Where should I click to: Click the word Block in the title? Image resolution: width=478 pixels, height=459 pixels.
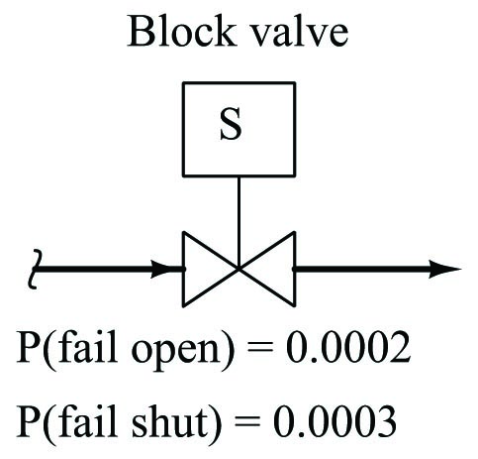pos(182,31)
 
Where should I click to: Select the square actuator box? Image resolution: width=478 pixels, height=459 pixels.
pos(239,129)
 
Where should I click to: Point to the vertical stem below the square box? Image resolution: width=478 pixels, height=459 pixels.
pos(239,222)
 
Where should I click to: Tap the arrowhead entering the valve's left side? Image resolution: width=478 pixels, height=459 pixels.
pos(165,269)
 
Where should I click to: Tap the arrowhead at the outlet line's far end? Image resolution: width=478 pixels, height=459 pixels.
pos(444,269)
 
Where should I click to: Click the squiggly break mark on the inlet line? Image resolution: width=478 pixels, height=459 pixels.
pos(35,269)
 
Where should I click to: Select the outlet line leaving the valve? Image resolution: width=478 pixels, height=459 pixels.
pos(377,269)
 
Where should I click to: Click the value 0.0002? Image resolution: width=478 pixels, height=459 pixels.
pos(348,348)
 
